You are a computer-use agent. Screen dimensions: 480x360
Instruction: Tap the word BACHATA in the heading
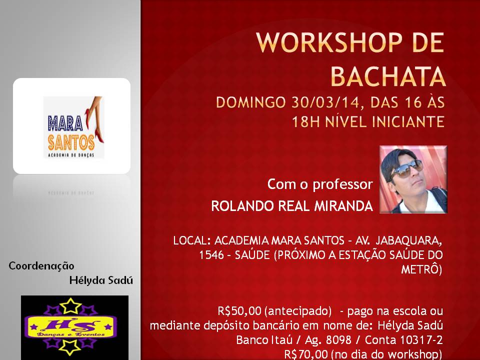pyautogui.click(x=388, y=76)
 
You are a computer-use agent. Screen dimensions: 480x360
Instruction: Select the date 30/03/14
pyautogui.click(x=325, y=102)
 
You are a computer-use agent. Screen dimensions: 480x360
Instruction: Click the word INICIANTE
pyautogui.click(x=408, y=121)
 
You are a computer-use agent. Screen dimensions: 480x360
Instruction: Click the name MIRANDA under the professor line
pyautogui.click(x=343, y=206)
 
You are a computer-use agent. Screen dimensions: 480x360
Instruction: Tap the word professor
pyautogui.click(x=342, y=185)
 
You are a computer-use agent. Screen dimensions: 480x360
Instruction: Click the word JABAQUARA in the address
pyautogui.click(x=408, y=240)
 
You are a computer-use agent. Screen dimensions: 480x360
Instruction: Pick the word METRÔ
pyautogui.click(x=421, y=269)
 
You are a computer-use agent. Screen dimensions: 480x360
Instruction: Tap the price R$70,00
pyautogui.click(x=306, y=354)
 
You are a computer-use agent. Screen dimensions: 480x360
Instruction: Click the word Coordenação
pyautogui.click(x=41, y=265)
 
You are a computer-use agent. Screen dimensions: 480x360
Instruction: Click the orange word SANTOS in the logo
pyautogui.click(x=71, y=142)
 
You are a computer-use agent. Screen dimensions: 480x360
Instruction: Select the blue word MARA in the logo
pyautogui.click(x=65, y=123)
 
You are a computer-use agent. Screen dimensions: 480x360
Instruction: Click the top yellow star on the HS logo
pyautogui.click(x=70, y=306)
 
